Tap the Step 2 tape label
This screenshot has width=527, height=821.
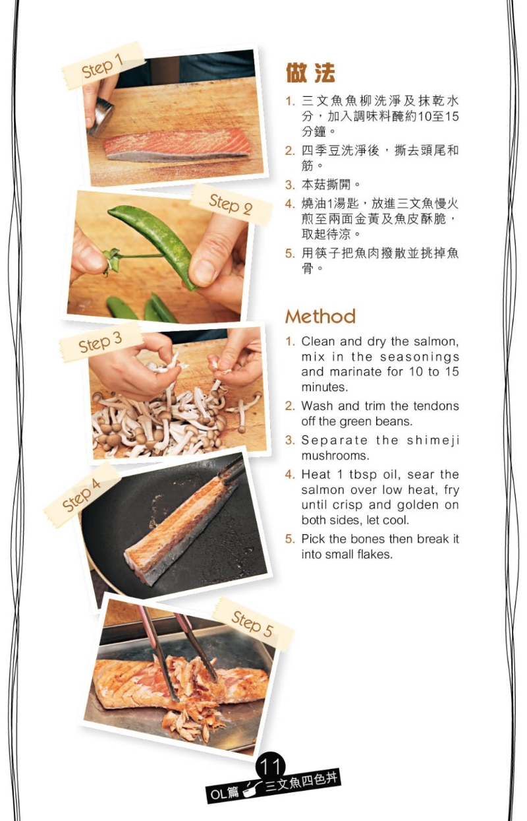(x=231, y=204)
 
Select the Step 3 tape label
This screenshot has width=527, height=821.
(x=100, y=342)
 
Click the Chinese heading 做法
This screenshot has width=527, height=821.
(x=310, y=73)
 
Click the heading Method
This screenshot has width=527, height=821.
(x=320, y=316)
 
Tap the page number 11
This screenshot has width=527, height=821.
(x=270, y=766)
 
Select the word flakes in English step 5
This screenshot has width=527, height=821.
(x=374, y=555)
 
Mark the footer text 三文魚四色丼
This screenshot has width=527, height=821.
(x=302, y=781)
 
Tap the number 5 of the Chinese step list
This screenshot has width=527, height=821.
(x=290, y=253)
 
